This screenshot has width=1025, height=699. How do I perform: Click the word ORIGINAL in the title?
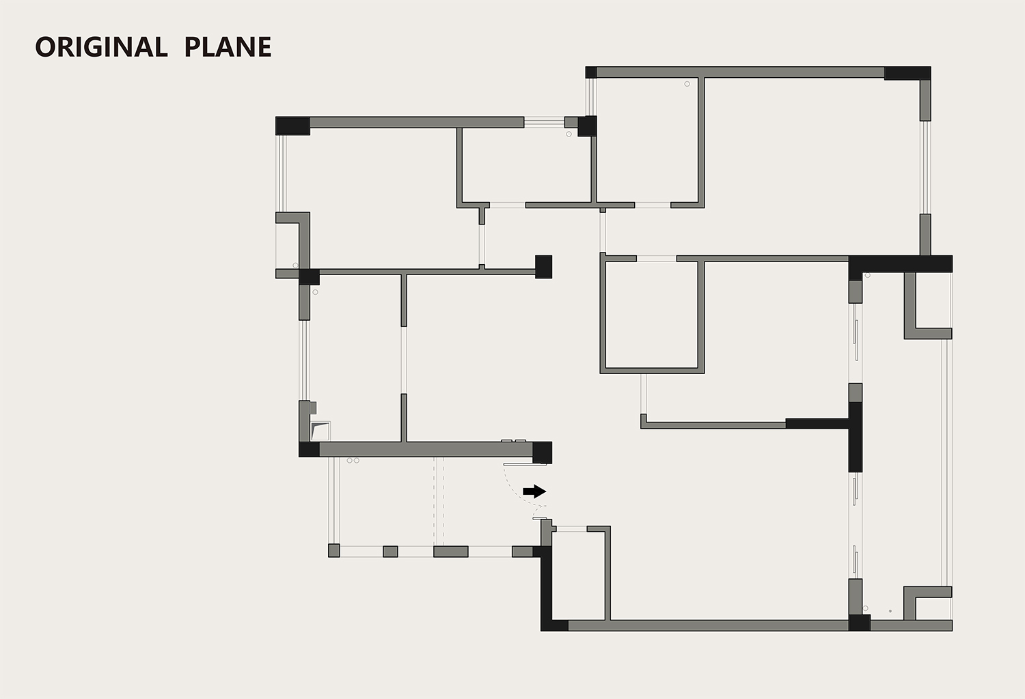pos(101,47)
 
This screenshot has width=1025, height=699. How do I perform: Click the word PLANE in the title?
pos(228,47)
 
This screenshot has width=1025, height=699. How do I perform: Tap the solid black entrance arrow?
pos(534,491)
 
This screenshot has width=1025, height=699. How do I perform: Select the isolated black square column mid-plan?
pos(543,266)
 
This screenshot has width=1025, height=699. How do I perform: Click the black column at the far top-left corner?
pos(292,126)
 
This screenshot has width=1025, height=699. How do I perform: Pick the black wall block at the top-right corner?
pos(907,73)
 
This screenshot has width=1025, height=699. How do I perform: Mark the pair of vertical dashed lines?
pos(439,502)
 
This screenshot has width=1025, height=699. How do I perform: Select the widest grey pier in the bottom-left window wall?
pos(451,552)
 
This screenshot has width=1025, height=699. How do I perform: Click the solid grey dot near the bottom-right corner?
pos(890,611)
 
